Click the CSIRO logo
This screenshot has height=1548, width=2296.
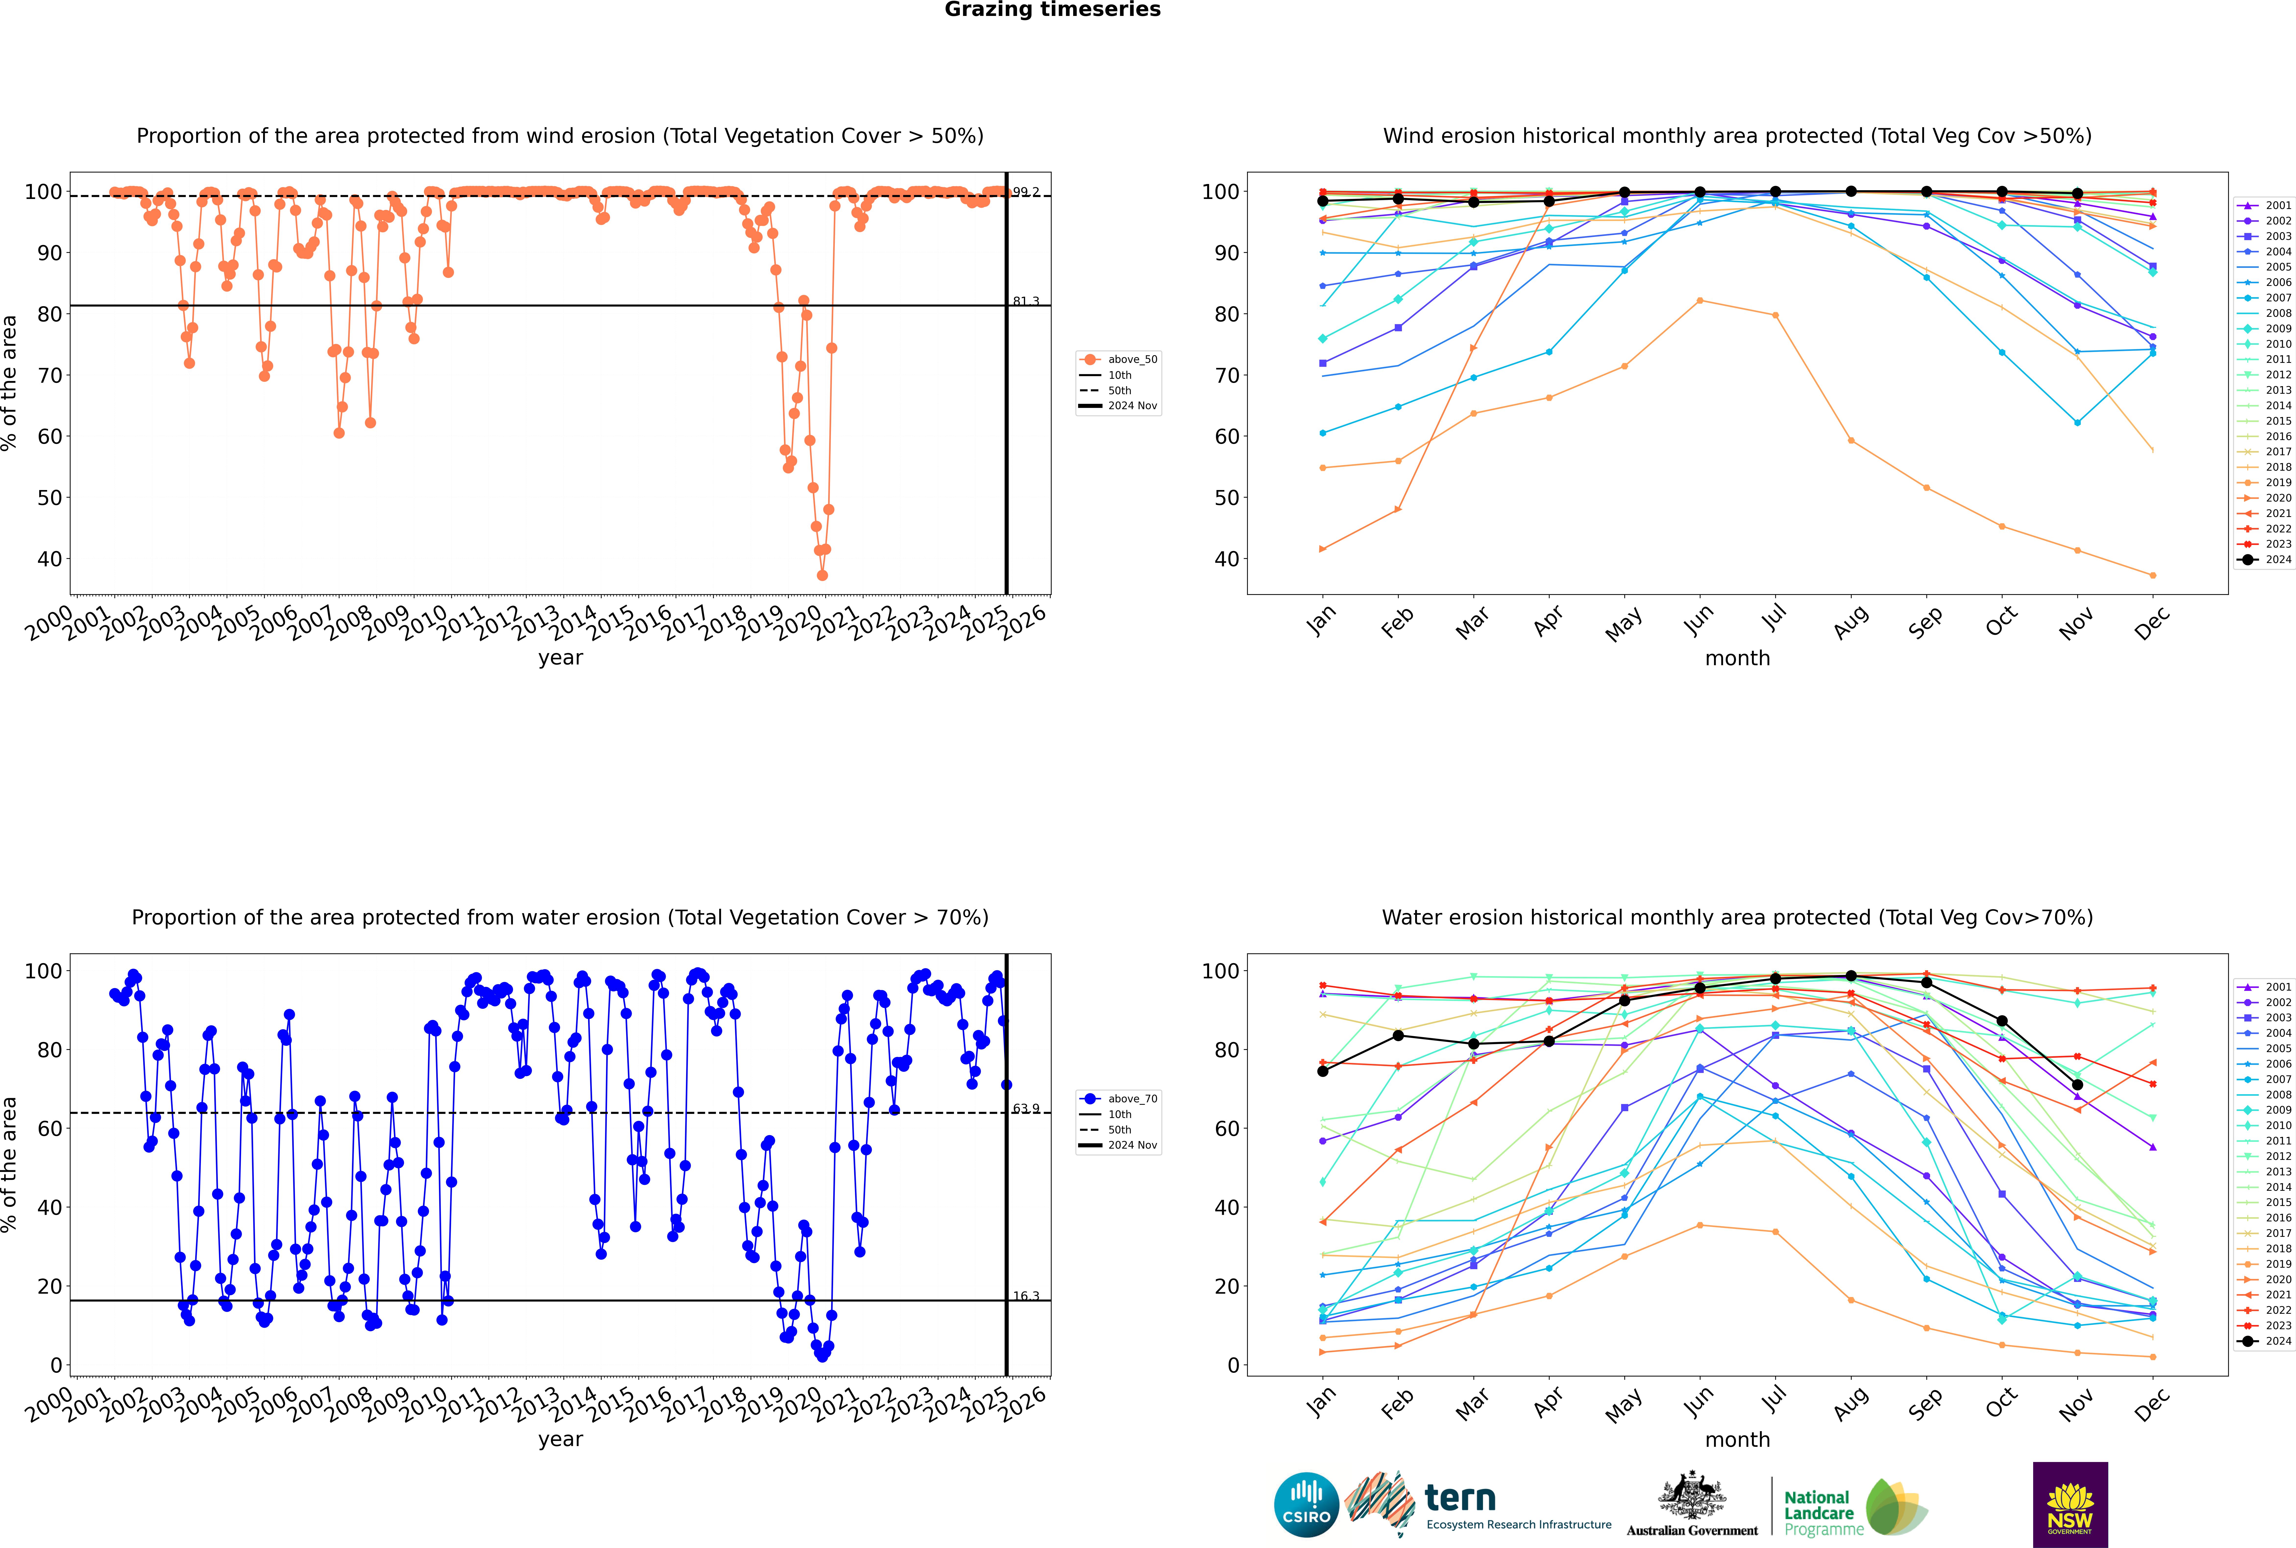pos(1306,1505)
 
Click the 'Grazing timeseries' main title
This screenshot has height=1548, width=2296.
pos(1052,10)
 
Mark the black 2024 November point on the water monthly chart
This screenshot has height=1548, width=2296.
pos(2077,1085)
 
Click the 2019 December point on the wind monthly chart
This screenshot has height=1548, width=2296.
pos(2153,576)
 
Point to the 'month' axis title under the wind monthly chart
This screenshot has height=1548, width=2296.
pos(1737,659)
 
